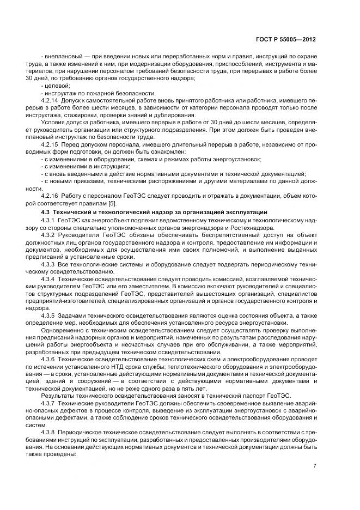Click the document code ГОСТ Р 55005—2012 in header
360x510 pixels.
(289, 40)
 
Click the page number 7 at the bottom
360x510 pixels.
(315, 465)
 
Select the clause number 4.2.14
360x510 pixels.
(51, 101)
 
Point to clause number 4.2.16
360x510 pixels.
(51, 195)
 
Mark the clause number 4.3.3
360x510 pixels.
(49, 263)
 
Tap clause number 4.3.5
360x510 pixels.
(49, 315)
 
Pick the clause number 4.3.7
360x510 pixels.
(49, 402)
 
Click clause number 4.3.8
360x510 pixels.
(49, 430)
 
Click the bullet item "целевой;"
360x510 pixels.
(57, 86)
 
